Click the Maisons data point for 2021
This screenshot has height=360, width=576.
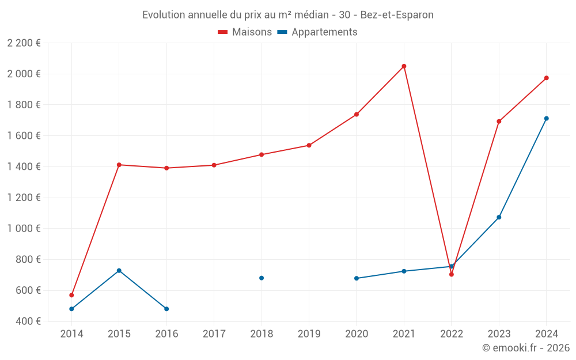(404, 66)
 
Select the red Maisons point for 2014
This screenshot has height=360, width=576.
(71, 295)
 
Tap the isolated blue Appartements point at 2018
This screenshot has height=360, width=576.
(262, 278)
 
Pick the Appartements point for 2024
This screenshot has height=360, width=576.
(547, 119)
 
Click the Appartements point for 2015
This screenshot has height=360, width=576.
(119, 271)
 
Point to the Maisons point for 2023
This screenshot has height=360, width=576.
(499, 122)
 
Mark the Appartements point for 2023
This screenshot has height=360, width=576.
(499, 217)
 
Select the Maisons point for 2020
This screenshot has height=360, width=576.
(357, 115)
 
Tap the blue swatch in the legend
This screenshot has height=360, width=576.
(282, 32)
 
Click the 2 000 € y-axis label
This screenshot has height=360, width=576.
(24, 74)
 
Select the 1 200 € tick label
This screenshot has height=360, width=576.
(24, 198)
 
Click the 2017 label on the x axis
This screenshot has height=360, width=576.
(214, 334)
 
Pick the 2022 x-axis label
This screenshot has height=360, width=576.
(452, 334)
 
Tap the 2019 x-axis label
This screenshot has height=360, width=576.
(309, 334)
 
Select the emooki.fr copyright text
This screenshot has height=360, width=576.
(526, 348)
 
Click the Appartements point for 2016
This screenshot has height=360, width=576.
(166, 309)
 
